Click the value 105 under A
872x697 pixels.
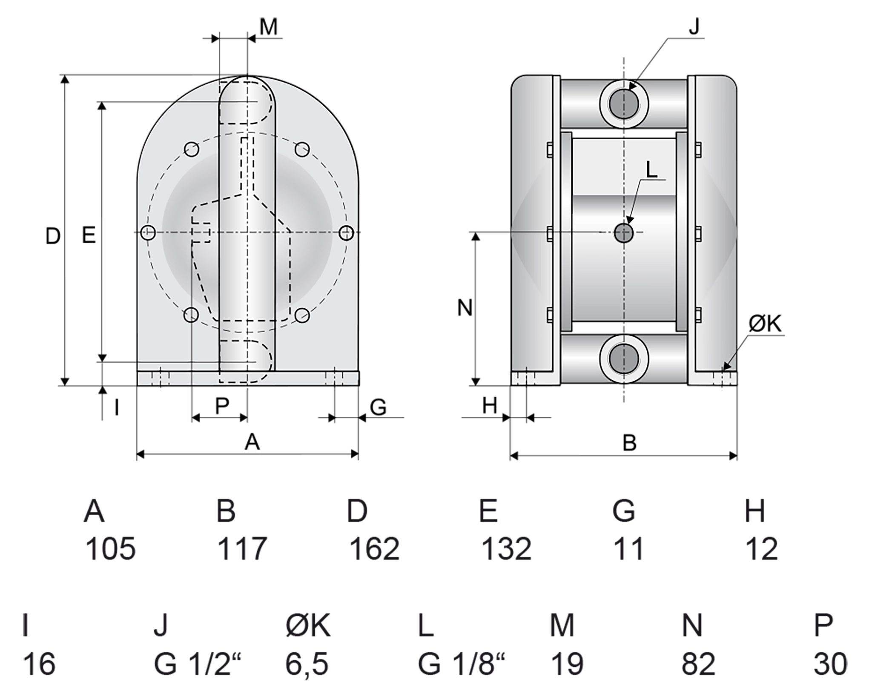click(110, 549)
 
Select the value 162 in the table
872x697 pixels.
click(374, 549)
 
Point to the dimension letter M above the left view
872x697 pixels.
click(269, 27)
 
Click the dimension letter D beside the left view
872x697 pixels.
click(53, 236)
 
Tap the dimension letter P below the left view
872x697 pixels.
click(222, 406)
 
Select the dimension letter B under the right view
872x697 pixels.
click(629, 443)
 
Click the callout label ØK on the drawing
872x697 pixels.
click(765, 324)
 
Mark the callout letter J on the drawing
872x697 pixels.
click(694, 27)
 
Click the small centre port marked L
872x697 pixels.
click(624, 232)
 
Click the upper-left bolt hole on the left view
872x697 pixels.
click(192, 149)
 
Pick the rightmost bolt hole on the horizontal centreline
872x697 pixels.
click(347, 232)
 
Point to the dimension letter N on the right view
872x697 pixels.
click(465, 308)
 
